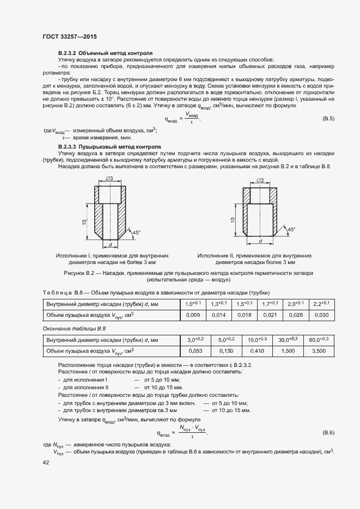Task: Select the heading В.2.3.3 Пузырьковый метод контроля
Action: point(109,147)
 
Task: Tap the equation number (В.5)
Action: point(328,119)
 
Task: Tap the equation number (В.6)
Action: point(328,432)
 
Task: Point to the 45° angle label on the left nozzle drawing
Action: point(136,232)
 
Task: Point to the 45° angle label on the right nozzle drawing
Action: point(291,229)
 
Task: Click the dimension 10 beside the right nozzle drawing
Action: point(233,219)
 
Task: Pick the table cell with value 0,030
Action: point(321,315)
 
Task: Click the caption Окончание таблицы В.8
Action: point(74,329)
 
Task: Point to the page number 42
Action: point(46,462)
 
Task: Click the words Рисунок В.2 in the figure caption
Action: point(81,272)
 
